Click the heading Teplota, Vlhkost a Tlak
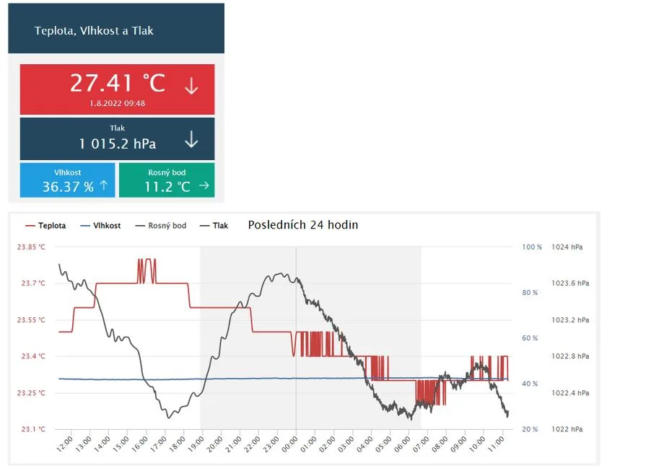[94, 31]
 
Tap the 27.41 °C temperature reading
[118, 83]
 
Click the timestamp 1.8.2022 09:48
[118, 103]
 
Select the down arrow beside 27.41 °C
[191, 87]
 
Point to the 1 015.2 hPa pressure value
[118, 144]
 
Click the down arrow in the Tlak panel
[191, 139]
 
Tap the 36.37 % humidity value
[68, 187]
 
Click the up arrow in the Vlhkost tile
[103, 186]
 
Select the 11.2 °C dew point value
[167, 187]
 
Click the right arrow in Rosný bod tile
[204, 186]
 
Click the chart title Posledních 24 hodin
[303, 224]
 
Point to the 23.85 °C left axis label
[31, 247]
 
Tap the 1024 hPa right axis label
[567, 247]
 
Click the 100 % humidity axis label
[532, 247]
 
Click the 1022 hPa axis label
[567, 429]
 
